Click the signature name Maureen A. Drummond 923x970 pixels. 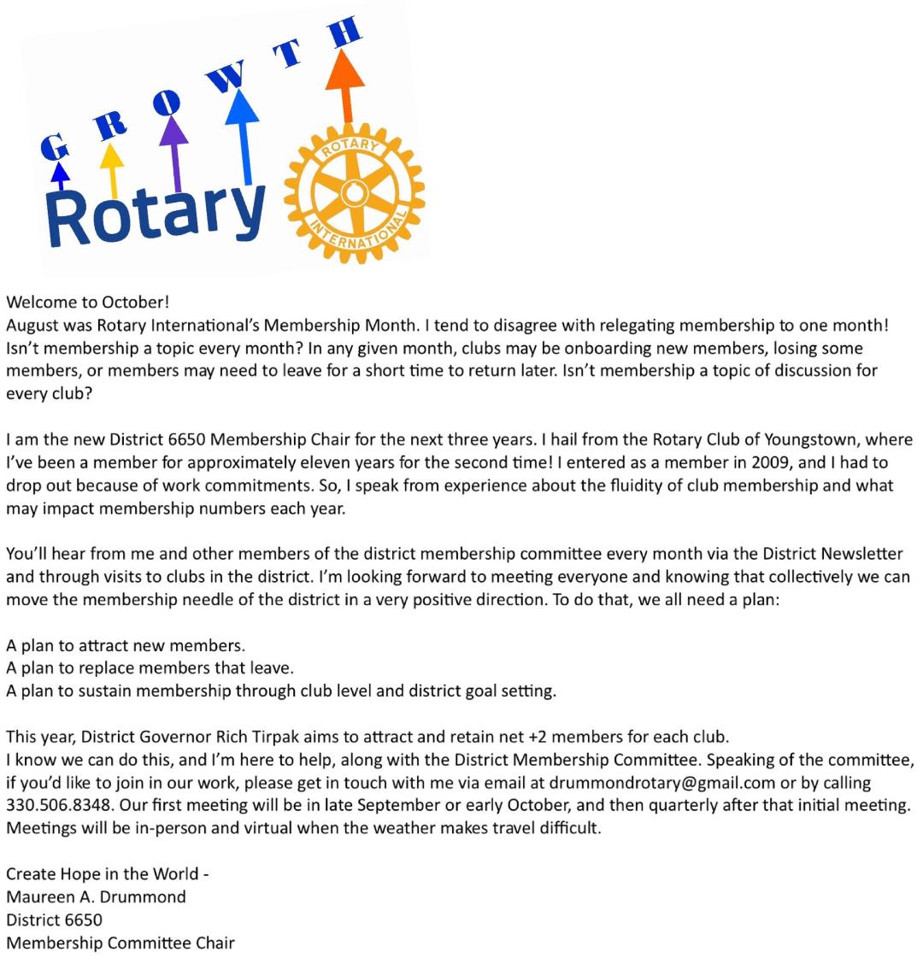pyautogui.click(x=96, y=897)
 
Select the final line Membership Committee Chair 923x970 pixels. pyautogui.click(x=120, y=944)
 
